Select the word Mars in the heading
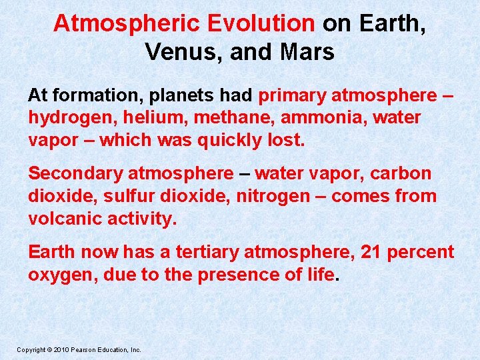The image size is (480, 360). pos(307,51)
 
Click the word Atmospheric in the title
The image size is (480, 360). pos(128,23)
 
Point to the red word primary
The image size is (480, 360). pos(292,95)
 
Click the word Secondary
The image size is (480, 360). pos(75,174)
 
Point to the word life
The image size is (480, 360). pos(321,275)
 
